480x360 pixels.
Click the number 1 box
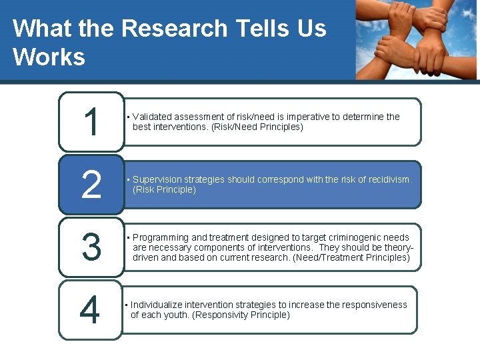click(x=91, y=122)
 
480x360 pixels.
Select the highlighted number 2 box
click(x=91, y=185)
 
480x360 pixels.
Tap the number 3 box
click(x=91, y=247)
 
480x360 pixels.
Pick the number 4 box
click(x=91, y=309)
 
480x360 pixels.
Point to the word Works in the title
click(x=49, y=57)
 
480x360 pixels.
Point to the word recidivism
click(x=387, y=179)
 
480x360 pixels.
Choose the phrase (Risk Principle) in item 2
click(x=165, y=189)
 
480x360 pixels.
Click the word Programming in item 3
click(x=161, y=237)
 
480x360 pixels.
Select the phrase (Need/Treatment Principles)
click(x=351, y=257)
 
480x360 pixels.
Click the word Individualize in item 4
click(x=157, y=305)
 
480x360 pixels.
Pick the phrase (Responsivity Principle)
click(x=241, y=315)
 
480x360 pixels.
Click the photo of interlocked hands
click(x=416, y=40)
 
